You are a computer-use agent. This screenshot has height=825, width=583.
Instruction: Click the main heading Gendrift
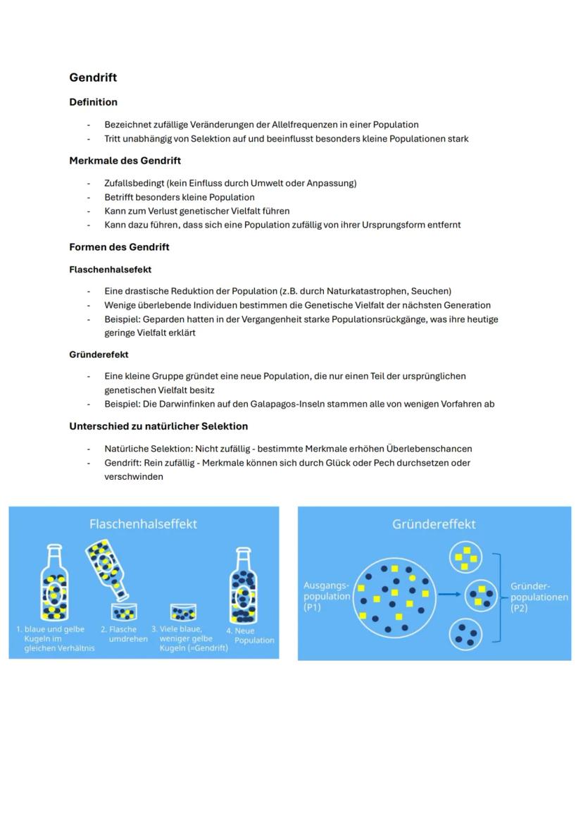[x=93, y=77]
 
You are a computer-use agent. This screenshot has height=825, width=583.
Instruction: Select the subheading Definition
[x=93, y=102]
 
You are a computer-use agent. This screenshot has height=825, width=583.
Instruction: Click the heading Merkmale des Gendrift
[x=125, y=161]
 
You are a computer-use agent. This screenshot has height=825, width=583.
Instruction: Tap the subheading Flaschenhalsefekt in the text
[x=110, y=270]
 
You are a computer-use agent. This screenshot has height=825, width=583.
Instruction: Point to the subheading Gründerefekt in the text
[x=99, y=354]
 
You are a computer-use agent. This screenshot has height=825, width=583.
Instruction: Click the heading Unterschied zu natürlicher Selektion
[x=158, y=426]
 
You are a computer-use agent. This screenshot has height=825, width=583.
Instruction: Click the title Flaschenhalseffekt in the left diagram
[x=143, y=524]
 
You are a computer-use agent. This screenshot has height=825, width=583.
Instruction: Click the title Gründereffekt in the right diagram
[x=434, y=524]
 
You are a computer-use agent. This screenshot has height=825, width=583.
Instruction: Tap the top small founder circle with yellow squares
[x=465, y=557]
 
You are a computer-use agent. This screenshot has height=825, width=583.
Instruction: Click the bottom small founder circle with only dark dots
[x=465, y=633]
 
